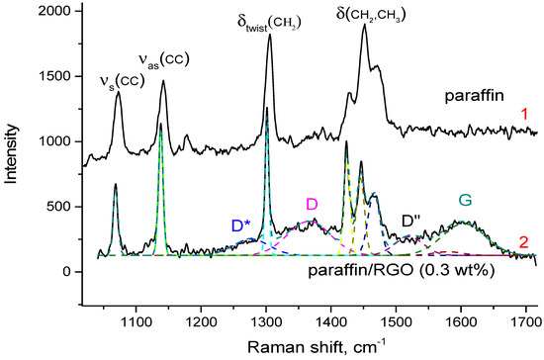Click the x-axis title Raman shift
tap(318, 345)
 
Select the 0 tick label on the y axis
tap(66, 272)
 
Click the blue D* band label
tap(243, 225)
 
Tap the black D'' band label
tap(413, 225)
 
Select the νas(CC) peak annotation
tap(162, 60)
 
